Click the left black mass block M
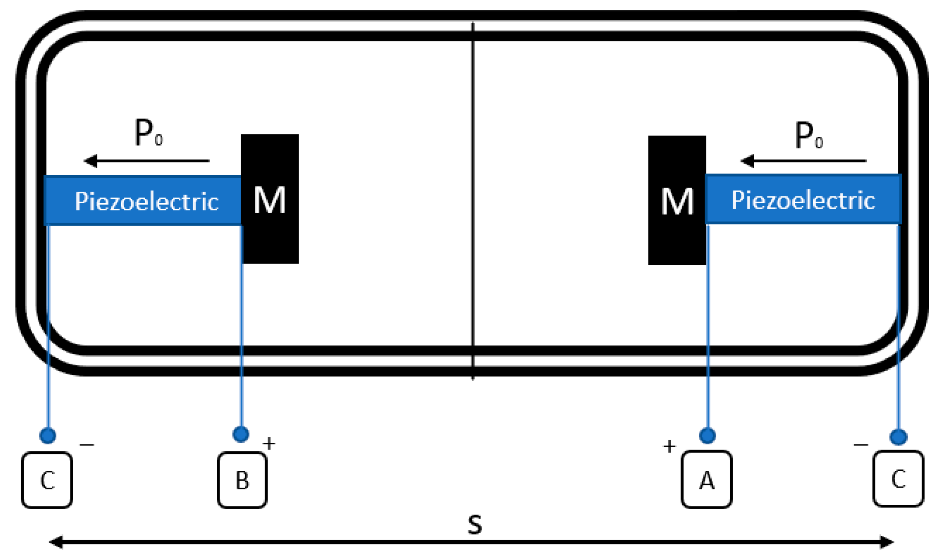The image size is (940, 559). tap(269, 199)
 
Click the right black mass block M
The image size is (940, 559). tap(677, 200)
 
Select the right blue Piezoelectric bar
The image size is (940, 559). tap(803, 199)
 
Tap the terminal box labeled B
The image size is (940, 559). tap(242, 480)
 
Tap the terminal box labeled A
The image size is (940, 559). tap(706, 479)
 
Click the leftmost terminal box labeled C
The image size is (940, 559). tap(47, 480)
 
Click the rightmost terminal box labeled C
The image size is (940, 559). tap(898, 478)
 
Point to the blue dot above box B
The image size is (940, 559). tap(240, 434)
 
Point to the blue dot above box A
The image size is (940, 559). tap(707, 435)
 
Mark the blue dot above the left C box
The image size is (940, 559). tap(47, 435)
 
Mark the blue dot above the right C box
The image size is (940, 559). tap(898, 437)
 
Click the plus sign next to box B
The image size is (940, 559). tap(269, 443)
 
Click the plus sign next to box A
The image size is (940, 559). tap(669, 446)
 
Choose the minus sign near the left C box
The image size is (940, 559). tap(87, 444)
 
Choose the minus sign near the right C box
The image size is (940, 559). tap(861, 444)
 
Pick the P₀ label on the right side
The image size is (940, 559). tap(809, 135)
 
